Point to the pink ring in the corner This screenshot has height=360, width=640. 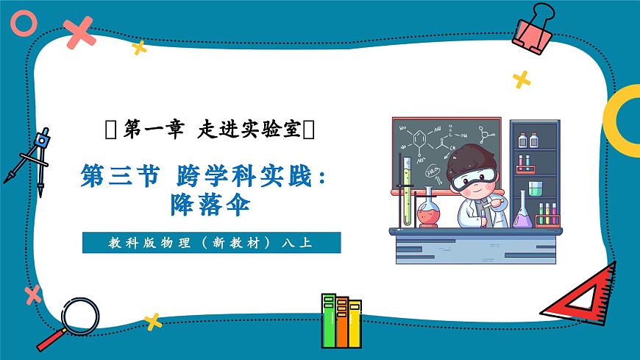tap(23, 24)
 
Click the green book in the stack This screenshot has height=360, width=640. tap(328, 321)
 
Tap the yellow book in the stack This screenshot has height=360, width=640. tap(355, 323)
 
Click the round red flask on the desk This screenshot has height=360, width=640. tap(429, 213)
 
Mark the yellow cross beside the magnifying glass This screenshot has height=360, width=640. tap(152, 321)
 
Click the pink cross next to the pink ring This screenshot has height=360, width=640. tap(78, 32)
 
